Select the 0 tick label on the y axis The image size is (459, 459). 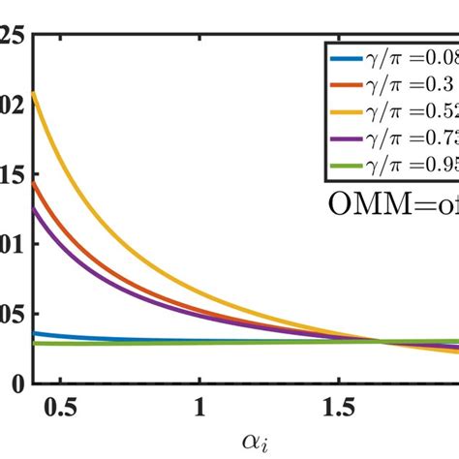[15, 383]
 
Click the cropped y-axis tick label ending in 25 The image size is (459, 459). [12, 37]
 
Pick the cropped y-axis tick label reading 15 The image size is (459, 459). [12, 175]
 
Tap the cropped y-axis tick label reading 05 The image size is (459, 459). [12, 314]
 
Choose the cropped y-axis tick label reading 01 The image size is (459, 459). [12, 245]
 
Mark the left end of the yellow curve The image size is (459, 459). [34, 93]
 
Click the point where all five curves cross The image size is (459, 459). [381, 341]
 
